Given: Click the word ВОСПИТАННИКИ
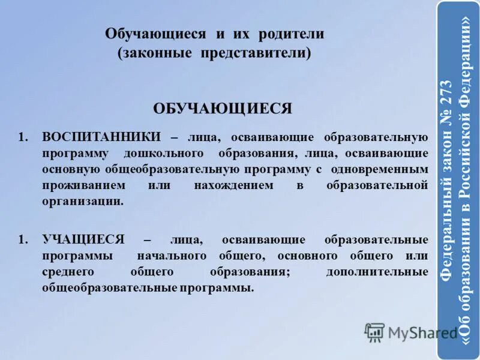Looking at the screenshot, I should tap(101, 137).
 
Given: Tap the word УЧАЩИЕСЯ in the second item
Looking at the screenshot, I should tap(83, 240).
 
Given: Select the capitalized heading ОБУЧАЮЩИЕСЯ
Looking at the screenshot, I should tap(223, 108).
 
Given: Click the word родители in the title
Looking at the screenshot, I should tap(292, 34).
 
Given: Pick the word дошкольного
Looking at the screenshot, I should tap(164, 153).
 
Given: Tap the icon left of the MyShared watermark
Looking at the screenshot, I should tap(374, 332).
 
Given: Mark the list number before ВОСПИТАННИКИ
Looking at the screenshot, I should tap(23, 137).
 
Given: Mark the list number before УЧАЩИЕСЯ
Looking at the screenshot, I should tap(23, 240).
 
